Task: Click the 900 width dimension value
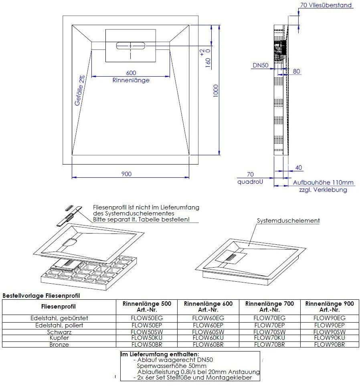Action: (x=126, y=174)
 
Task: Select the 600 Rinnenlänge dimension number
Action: (x=131, y=73)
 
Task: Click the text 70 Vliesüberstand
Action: (x=326, y=5)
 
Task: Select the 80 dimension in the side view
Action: (x=296, y=71)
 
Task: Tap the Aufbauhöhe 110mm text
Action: (x=323, y=183)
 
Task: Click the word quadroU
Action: (x=250, y=182)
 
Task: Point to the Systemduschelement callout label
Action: (x=288, y=221)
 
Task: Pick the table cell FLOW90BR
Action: (x=330, y=345)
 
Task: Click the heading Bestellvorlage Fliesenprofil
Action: (x=41, y=296)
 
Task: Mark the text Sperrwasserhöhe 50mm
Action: (x=172, y=366)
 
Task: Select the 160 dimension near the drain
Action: (x=208, y=63)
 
